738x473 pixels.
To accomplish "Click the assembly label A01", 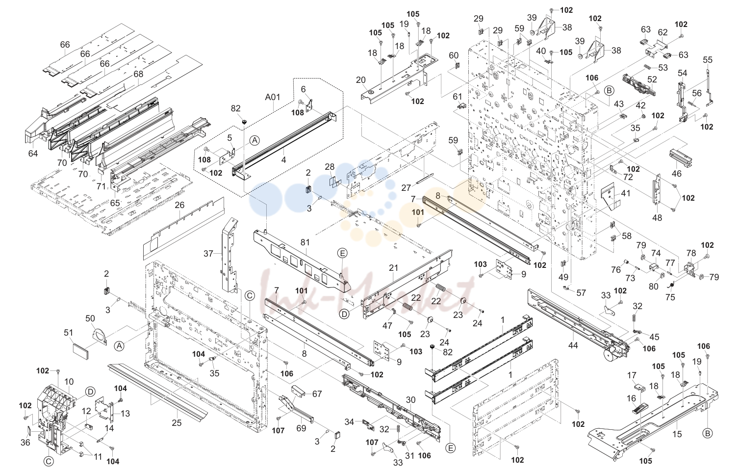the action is tap(273, 97).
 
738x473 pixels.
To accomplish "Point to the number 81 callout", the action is tap(305, 242).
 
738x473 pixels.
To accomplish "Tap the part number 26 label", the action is tap(179, 205).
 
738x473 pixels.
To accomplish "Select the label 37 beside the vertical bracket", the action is tap(208, 254).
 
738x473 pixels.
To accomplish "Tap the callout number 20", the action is tap(361, 80).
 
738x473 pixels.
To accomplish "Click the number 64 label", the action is tap(33, 153).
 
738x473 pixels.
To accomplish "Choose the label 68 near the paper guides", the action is tap(138, 74).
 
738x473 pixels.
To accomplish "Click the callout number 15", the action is tap(677, 434).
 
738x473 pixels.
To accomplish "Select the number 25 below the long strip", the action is tap(177, 422).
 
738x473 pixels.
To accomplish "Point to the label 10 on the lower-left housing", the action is tap(69, 382).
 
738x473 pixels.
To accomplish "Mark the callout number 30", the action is tap(410, 400).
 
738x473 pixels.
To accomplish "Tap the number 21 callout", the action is tap(394, 268).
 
